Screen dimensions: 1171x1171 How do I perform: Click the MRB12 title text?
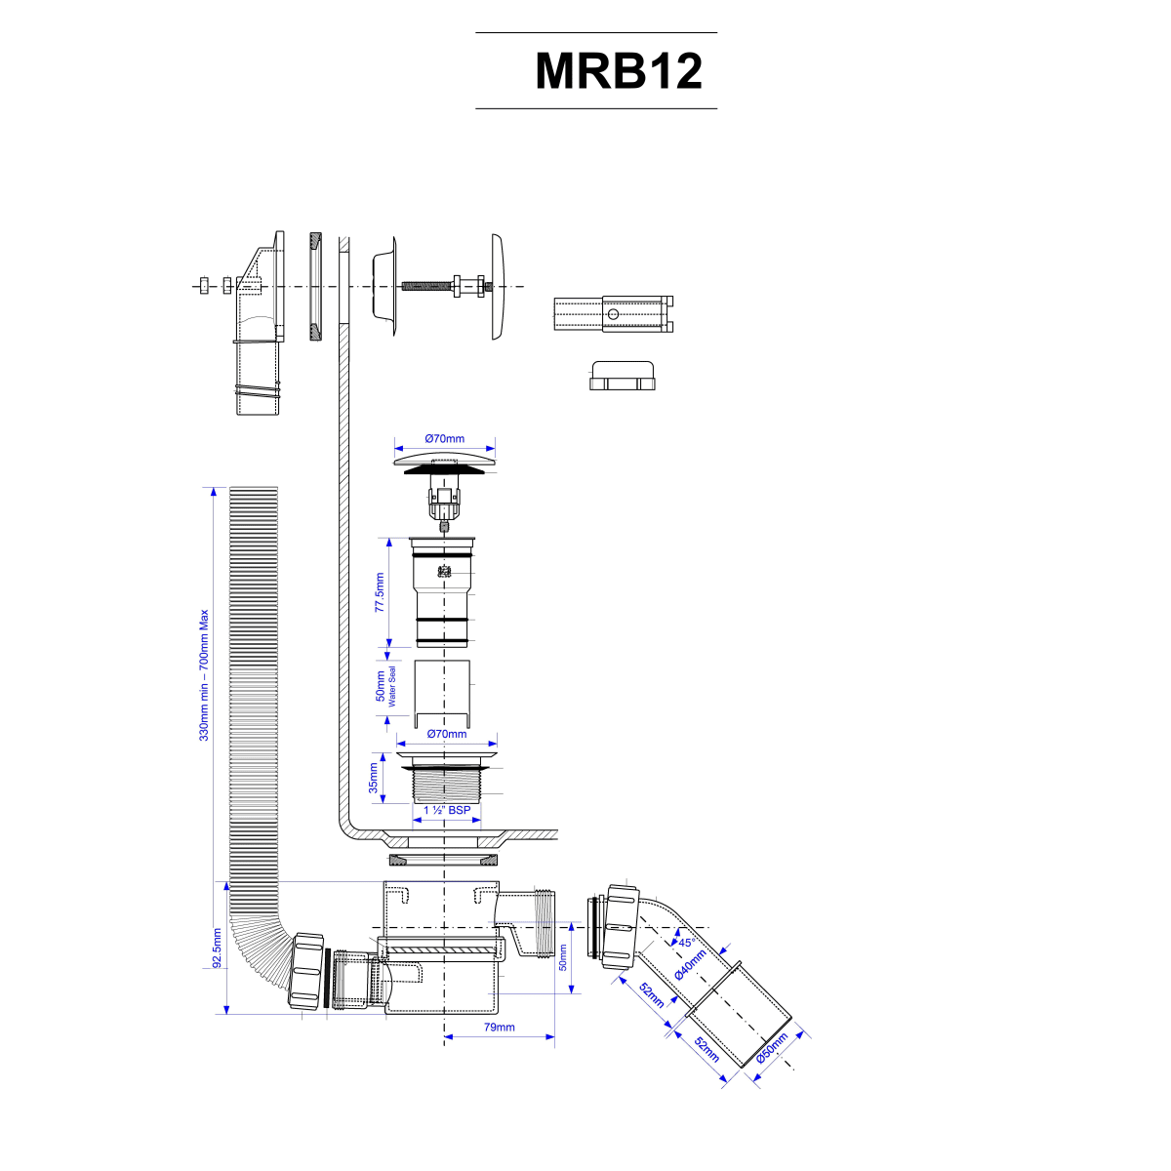coord(619,70)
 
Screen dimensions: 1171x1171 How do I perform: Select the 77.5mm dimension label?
coord(381,593)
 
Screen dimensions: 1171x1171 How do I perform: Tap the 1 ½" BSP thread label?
coord(447,810)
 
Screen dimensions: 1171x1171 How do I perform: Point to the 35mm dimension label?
coord(373,777)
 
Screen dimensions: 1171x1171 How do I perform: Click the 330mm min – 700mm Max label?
coord(204,675)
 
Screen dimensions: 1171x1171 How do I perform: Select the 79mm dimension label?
coord(499,1028)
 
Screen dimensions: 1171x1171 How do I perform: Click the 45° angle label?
coord(686,943)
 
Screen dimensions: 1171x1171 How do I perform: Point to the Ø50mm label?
coord(772,1049)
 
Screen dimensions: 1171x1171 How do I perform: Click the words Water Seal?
coord(392,687)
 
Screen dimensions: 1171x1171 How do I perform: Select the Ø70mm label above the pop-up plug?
coord(446,439)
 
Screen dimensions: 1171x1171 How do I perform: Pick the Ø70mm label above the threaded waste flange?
coord(447,734)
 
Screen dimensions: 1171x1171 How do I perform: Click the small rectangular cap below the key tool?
coord(623,376)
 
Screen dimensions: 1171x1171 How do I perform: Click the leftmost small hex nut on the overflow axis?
coord(203,286)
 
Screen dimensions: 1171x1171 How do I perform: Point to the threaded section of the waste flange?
coord(447,784)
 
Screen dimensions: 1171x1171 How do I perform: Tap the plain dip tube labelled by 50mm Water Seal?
coord(444,691)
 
